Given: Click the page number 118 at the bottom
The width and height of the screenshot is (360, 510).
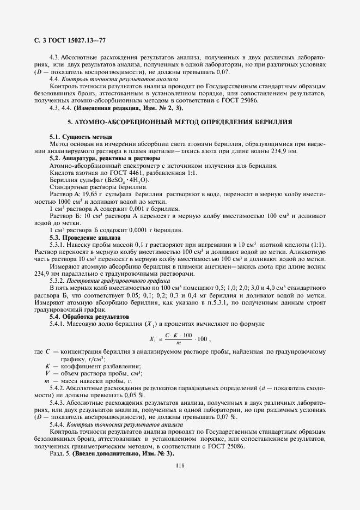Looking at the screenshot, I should pyautogui.click(x=180, y=464).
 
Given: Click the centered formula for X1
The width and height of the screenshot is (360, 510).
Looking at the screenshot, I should pyautogui.click(x=180, y=339).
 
